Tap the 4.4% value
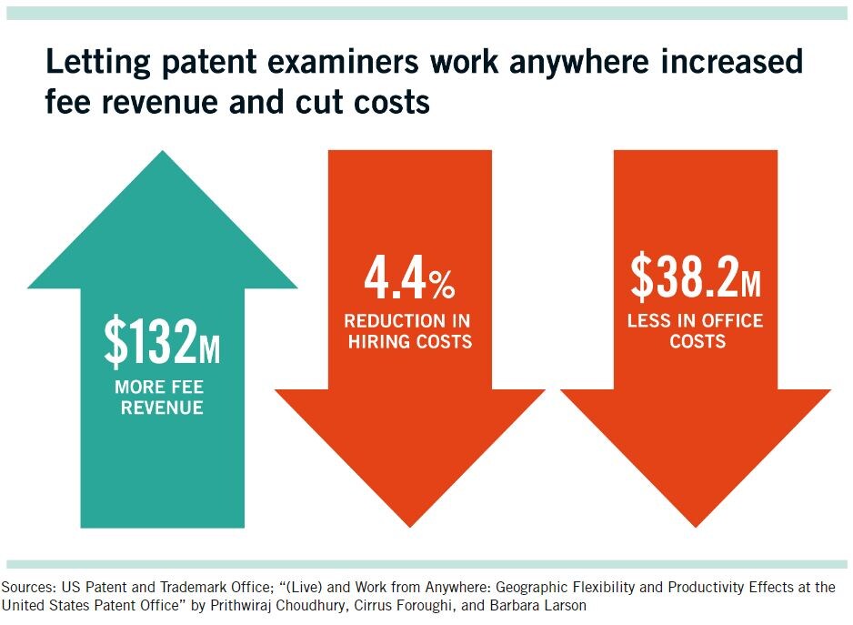pyautogui.click(x=409, y=281)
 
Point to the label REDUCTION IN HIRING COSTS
pyautogui.click(x=409, y=331)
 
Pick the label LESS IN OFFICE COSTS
pyautogui.click(x=696, y=331)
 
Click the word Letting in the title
pyautogui.click(x=96, y=63)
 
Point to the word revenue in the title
pyautogui.click(x=175, y=103)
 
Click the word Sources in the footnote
pyautogui.click(x=28, y=587)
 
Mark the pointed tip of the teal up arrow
pyautogui.click(x=163, y=153)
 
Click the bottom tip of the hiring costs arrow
pyautogui.click(x=409, y=526)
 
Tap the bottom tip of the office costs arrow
pyautogui.click(x=696, y=526)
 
